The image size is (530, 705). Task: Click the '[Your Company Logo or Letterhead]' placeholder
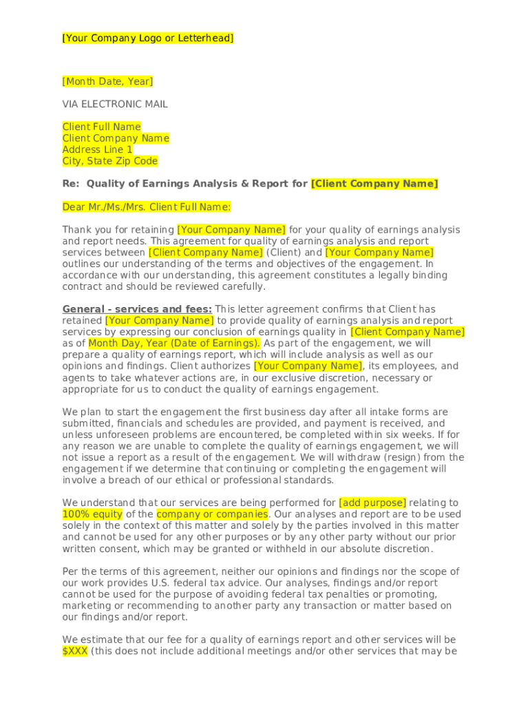pyautogui.click(x=148, y=39)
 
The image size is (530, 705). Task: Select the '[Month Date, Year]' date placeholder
pyautogui.click(x=107, y=82)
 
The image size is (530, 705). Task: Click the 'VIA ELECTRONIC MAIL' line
pyautogui.click(x=115, y=105)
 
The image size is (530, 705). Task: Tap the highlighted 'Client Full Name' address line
pyautogui.click(x=101, y=127)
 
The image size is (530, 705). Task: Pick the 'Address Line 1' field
pyautogui.click(x=97, y=149)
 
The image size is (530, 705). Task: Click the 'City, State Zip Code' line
pyautogui.click(x=109, y=161)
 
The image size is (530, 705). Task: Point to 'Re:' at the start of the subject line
pyautogui.click(x=71, y=184)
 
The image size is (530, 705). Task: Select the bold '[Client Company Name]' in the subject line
pyautogui.click(x=374, y=184)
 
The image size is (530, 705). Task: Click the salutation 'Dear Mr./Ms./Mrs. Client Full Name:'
pyautogui.click(x=147, y=207)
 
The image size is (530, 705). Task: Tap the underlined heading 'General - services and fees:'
pyautogui.click(x=137, y=309)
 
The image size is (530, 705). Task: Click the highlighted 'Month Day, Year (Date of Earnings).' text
pyautogui.click(x=174, y=344)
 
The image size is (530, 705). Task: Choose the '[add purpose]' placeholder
pyautogui.click(x=372, y=503)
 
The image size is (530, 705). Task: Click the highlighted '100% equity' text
pyautogui.click(x=92, y=514)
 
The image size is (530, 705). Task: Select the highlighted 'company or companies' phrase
pyautogui.click(x=212, y=514)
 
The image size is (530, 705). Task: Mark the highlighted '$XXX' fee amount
pyautogui.click(x=74, y=651)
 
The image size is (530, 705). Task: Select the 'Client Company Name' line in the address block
pyautogui.click(x=115, y=138)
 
